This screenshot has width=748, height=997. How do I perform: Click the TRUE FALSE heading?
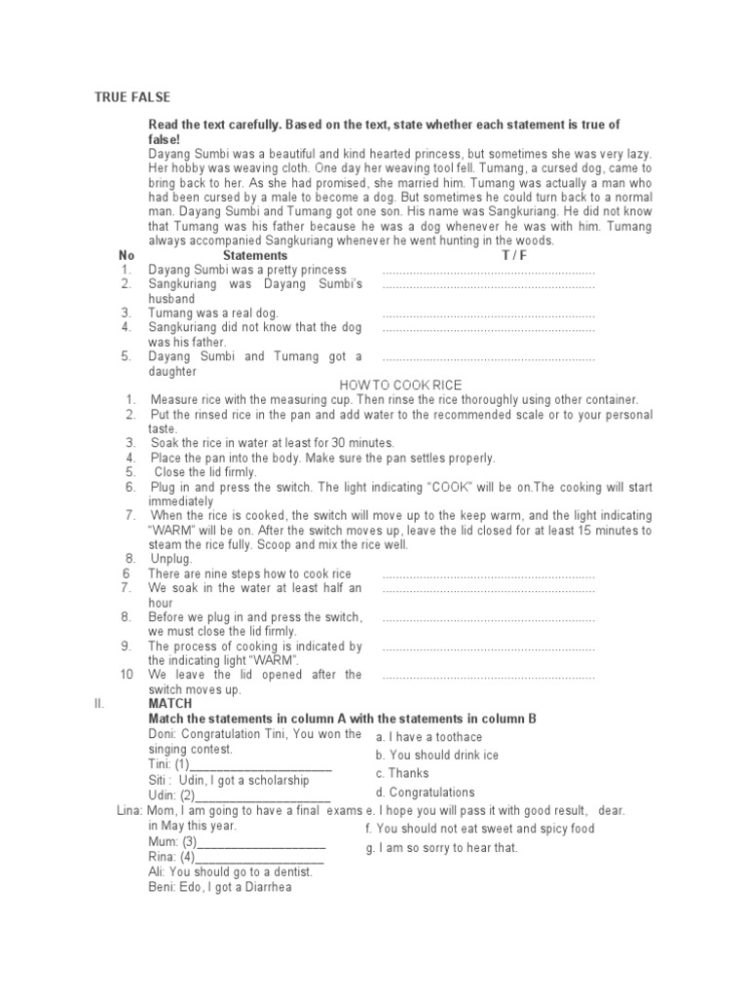(131, 97)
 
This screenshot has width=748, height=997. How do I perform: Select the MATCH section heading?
(170, 703)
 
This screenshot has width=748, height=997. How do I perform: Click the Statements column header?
(255, 255)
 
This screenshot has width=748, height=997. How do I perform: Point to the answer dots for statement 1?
(488, 271)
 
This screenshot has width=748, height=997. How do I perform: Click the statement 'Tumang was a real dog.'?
(212, 314)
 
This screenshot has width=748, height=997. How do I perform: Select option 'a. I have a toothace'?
(429, 738)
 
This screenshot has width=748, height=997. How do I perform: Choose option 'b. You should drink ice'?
(436, 756)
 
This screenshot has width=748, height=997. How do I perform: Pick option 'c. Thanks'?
(402, 774)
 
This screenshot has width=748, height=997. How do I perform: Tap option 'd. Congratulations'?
(425, 793)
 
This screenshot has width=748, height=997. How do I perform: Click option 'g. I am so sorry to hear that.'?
(442, 848)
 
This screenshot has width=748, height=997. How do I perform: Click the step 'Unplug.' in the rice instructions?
(171, 559)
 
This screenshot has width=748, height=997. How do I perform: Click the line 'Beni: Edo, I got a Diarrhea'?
(219, 887)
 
